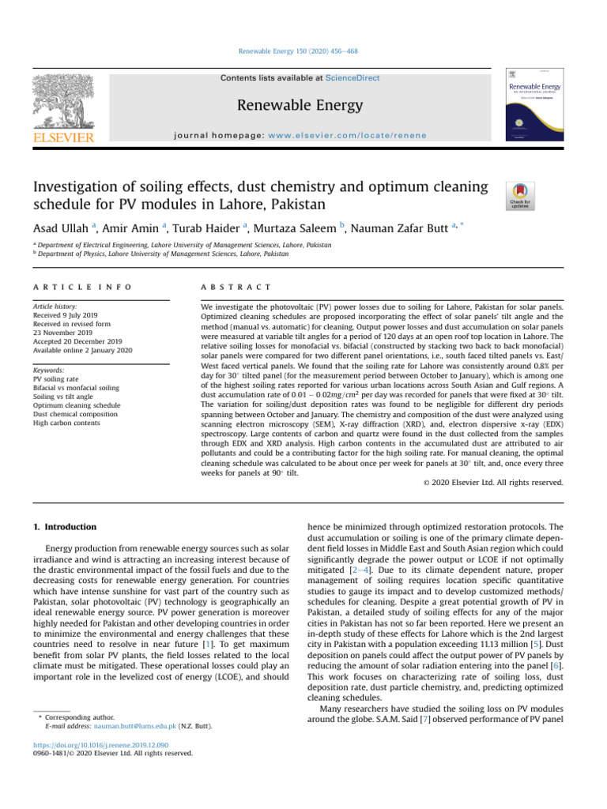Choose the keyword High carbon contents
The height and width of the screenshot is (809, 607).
68,423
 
